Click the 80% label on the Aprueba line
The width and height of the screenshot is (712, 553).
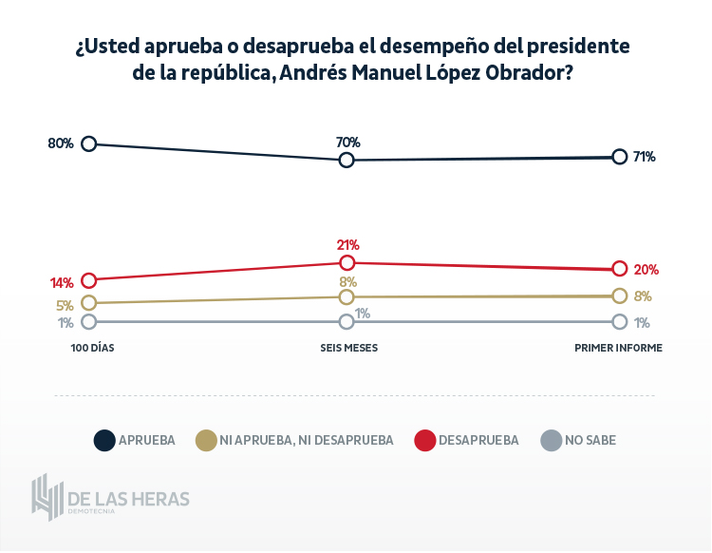61,143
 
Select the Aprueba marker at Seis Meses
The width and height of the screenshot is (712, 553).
347,160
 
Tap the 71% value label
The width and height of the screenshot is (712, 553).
645,157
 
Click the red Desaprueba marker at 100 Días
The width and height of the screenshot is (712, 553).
89,279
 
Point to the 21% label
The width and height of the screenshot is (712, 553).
347,244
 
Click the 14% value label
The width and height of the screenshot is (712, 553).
62,282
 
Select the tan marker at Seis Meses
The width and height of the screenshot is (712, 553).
347,296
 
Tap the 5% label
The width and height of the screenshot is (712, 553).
65,306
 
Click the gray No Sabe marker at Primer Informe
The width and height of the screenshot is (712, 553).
620,321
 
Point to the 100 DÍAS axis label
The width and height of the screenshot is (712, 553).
92,348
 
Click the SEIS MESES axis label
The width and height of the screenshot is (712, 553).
348,348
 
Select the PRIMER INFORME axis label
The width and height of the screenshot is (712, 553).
618,348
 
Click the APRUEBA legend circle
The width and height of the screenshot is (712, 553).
103,440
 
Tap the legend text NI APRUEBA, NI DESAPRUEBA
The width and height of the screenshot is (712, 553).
307,440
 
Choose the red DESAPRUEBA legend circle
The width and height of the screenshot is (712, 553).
425,440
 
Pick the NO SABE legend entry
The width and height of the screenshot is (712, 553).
590,440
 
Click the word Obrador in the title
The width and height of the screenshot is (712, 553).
525,72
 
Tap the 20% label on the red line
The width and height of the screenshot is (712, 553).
646,269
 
